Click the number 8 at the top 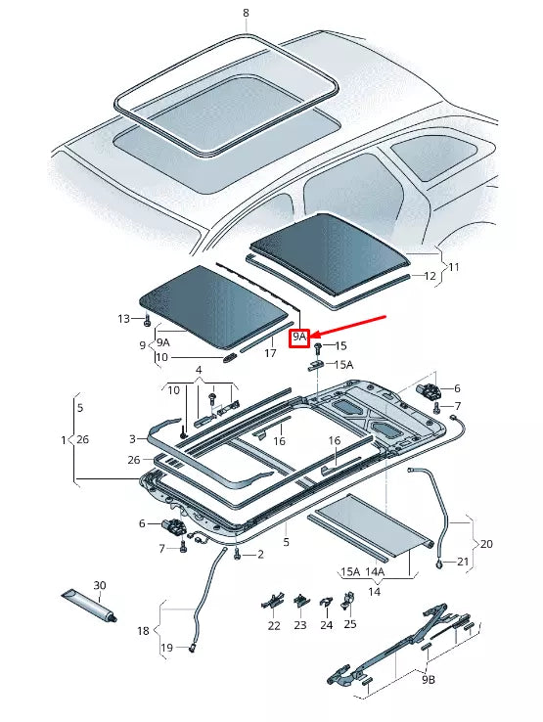246,13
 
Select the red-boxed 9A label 300,337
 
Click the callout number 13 123,319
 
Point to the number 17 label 270,353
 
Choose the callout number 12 430,276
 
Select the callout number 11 452,265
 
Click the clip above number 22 273,601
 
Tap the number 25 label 350,624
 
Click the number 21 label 463,562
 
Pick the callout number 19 166,648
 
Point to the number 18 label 144,631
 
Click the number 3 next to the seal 132,439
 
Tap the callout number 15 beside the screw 341,345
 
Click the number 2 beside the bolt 261,555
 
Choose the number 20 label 485,543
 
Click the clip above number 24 327,600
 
